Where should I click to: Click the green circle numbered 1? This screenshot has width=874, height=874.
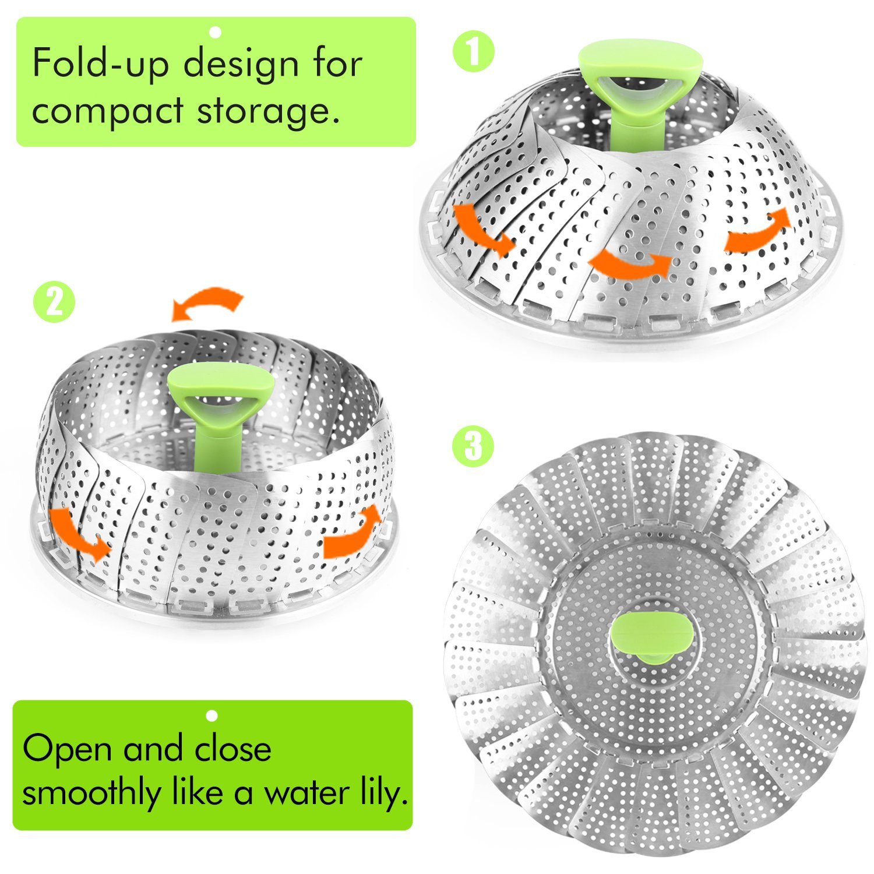pyautogui.click(x=473, y=53)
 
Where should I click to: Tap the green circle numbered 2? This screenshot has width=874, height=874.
pyautogui.click(x=54, y=302)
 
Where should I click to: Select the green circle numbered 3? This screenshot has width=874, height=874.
pyautogui.click(x=473, y=447)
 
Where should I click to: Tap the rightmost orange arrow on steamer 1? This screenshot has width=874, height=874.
pyautogui.click(x=757, y=231)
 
